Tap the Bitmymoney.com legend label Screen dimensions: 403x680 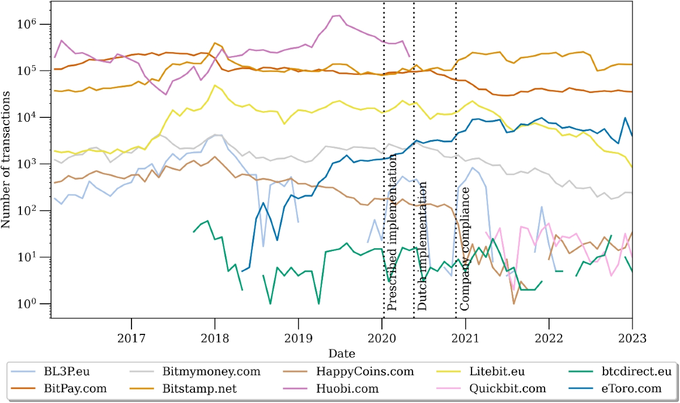[x=211, y=372]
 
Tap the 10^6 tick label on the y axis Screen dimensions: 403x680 [x=28, y=24]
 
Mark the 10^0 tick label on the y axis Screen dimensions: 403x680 [x=28, y=304]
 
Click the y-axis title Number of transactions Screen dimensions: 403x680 [x=6, y=164]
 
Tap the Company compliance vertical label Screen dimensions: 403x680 [x=465, y=250]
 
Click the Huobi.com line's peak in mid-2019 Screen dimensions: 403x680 [x=338, y=15]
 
